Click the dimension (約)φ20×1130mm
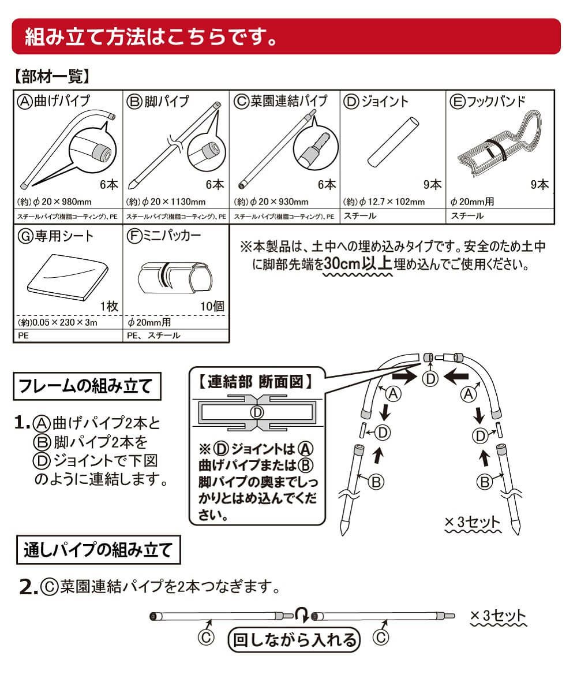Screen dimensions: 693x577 point(166,202)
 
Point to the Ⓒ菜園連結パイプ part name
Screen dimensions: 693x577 point(281,101)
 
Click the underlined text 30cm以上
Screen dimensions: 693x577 point(358,264)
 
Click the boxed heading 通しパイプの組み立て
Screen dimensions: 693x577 point(98,549)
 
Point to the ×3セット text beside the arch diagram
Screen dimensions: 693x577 point(473,521)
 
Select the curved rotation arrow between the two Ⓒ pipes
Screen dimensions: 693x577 point(302,614)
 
